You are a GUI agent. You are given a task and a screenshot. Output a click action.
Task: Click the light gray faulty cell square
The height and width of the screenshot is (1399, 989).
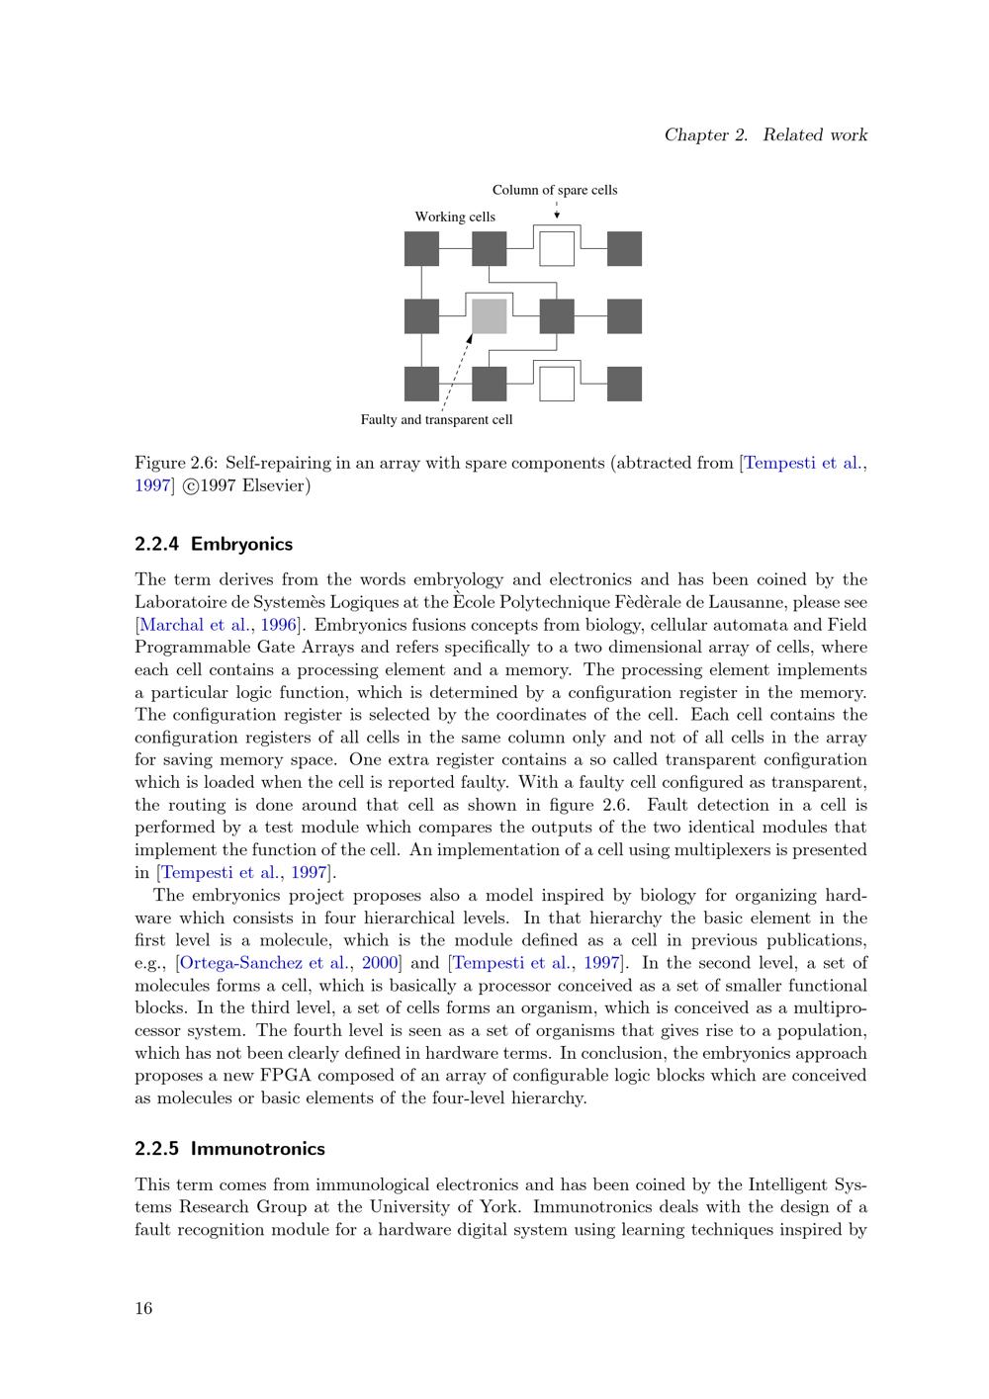coord(489,316)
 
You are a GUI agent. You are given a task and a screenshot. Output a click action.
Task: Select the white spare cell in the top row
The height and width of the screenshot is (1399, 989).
coord(557,248)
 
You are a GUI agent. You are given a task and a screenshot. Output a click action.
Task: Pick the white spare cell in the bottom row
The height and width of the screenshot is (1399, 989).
coord(557,384)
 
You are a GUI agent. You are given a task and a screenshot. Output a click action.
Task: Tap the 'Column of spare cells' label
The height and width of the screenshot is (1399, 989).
coord(554,190)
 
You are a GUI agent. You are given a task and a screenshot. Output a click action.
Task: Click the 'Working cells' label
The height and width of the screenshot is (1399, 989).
coord(455,217)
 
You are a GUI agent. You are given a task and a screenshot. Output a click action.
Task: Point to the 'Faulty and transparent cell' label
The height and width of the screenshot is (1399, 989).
coord(436,419)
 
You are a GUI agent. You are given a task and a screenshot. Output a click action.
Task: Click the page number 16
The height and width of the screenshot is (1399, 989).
coord(143,1309)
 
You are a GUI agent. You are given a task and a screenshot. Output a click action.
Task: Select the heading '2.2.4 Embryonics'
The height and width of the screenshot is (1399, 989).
coord(214,544)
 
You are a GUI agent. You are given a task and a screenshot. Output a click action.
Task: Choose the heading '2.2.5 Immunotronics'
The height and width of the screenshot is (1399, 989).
coord(229,1149)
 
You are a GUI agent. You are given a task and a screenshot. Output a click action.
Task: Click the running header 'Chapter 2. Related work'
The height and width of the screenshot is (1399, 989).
coord(765,134)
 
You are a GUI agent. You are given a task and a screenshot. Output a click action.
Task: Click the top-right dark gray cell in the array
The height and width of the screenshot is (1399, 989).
coord(624,248)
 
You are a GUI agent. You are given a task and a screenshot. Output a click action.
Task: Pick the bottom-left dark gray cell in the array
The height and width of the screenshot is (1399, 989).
coord(422,384)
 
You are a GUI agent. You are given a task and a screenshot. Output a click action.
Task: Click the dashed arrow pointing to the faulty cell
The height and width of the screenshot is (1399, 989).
coord(457,371)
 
